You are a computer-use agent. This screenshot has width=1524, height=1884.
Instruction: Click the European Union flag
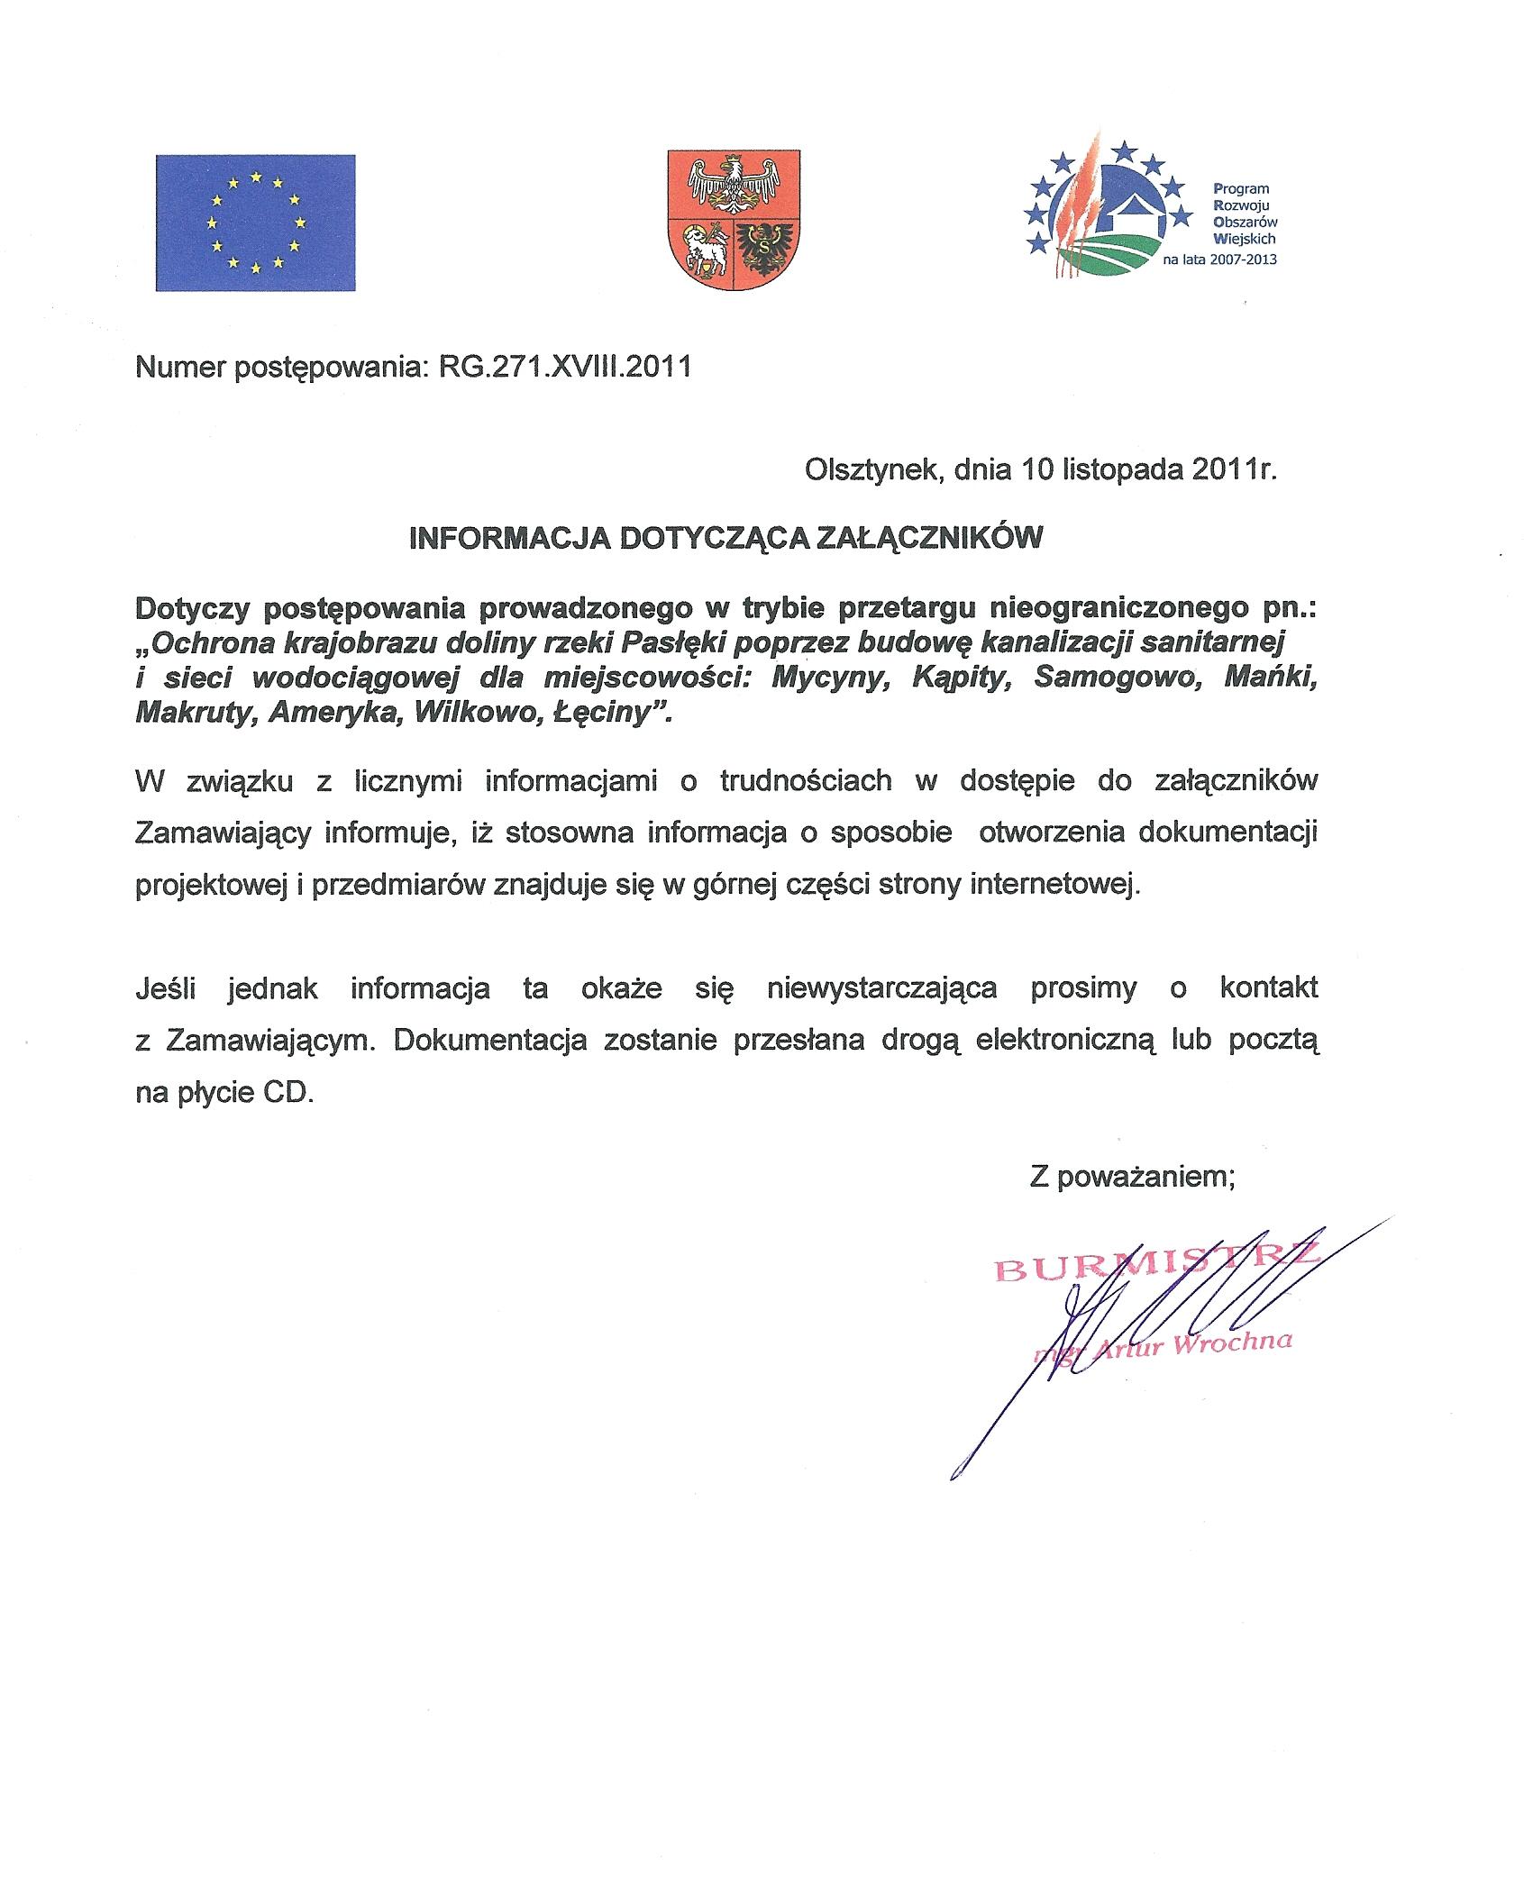point(255,223)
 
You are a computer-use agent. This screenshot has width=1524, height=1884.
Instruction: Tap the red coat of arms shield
point(733,220)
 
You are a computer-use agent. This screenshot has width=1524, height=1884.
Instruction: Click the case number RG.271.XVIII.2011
point(565,369)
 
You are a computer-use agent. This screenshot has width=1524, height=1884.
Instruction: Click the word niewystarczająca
point(881,988)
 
